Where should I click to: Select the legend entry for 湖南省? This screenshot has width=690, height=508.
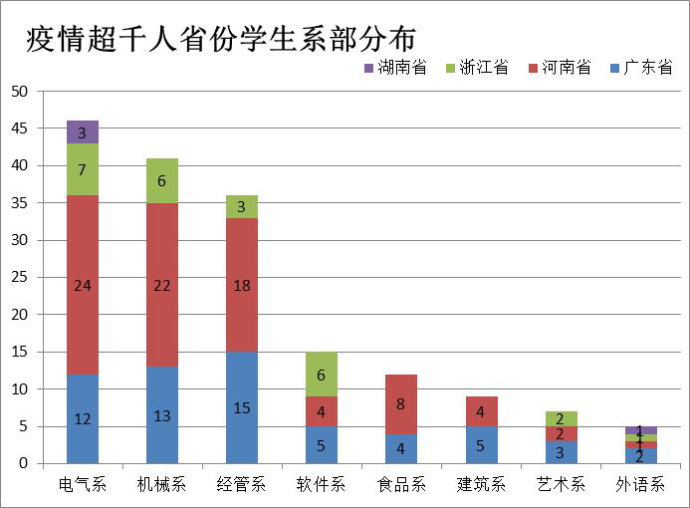pyautogui.click(x=394, y=68)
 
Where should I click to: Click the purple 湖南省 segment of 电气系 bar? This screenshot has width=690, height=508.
pyautogui.click(x=82, y=131)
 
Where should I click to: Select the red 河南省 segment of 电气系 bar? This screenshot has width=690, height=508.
pyautogui.click(x=82, y=284)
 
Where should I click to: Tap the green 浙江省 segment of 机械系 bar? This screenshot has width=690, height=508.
pyautogui.click(x=161, y=180)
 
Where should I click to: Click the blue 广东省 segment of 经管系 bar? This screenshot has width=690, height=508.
pyautogui.click(x=241, y=407)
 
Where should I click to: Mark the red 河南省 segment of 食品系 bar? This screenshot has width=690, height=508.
pyautogui.click(x=400, y=403)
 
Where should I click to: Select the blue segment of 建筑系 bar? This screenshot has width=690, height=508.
pyautogui.click(x=480, y=444)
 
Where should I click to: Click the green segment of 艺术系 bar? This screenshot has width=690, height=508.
pyautogui.click(x=561, y=418)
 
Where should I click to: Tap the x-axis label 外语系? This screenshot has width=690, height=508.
pyautogui.click(x=640, y=485)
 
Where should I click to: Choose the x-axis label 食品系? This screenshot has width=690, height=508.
pyautogui.click(x=400, y=485)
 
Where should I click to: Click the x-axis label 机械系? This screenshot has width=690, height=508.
pyautogui.click(x=161, y=485)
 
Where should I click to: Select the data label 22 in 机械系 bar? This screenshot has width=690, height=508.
pyautogui.click(x=161, y=285)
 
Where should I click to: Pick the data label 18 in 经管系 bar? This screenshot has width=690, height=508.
pyautogui.click(x=241, y=285)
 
